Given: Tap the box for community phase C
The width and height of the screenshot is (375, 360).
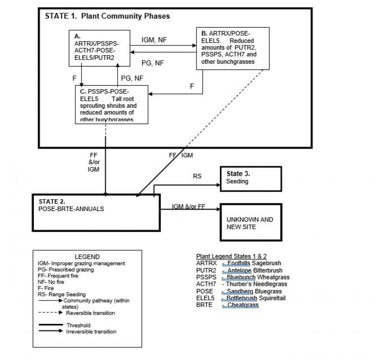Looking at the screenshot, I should pos(112,104).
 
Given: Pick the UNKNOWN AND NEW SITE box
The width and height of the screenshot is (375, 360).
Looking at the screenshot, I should pos(254,223).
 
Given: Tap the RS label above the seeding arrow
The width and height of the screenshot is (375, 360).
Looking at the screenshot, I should pos(197,177).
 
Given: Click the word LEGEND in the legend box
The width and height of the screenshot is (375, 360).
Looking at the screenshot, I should pos(87,256).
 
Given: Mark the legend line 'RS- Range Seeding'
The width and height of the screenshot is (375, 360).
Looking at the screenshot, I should pos(62,294).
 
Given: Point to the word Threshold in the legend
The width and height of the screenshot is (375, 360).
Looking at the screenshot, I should pos(78,325).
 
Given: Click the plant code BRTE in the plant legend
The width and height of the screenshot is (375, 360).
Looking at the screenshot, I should pos(204,304).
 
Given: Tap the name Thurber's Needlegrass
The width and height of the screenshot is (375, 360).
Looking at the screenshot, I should pos(257,284).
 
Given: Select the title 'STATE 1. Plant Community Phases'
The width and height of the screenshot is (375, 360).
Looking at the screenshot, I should pos(107,16).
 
